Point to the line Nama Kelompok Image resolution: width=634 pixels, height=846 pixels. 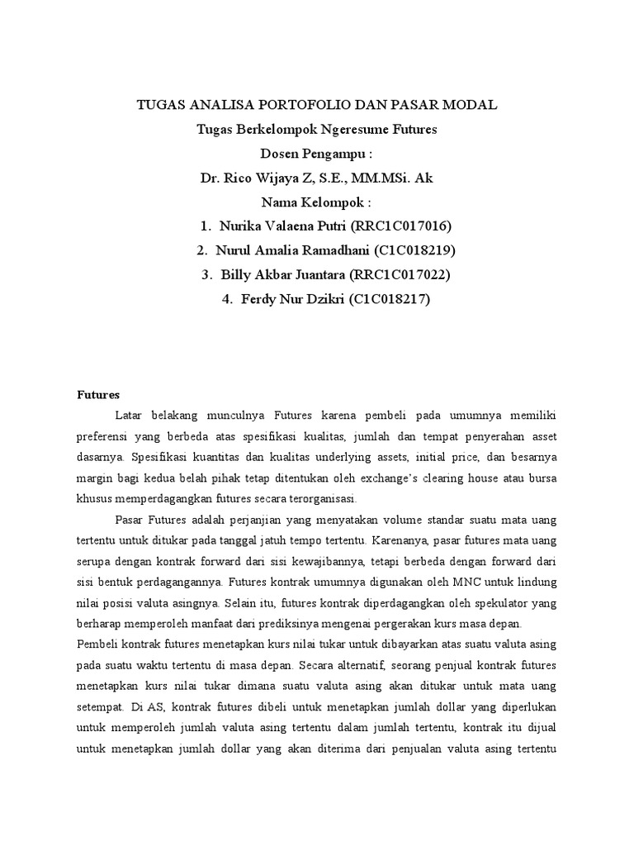click(x=316, y=202)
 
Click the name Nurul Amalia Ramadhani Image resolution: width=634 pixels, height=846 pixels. click(x=293, y=250)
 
